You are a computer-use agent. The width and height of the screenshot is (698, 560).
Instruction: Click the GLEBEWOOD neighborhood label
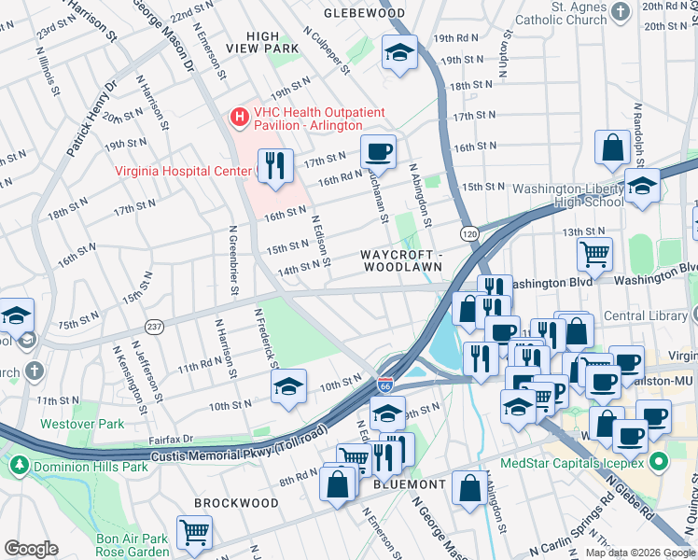(364, 13)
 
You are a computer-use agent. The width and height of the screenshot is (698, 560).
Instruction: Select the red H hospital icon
(240, 117)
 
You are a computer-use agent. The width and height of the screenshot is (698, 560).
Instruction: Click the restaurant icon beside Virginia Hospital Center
(274, 165)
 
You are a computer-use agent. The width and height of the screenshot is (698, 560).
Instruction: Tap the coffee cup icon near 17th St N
(378, 150)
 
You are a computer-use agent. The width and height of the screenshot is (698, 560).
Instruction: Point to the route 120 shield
(467, 231)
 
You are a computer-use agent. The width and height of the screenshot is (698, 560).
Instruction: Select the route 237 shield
(155, 326)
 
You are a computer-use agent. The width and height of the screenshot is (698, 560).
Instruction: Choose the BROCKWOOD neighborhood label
(236, 503)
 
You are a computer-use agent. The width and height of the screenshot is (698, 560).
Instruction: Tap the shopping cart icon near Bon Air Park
(194, 532)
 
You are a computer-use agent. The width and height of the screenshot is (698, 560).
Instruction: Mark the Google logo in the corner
(31, 549)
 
